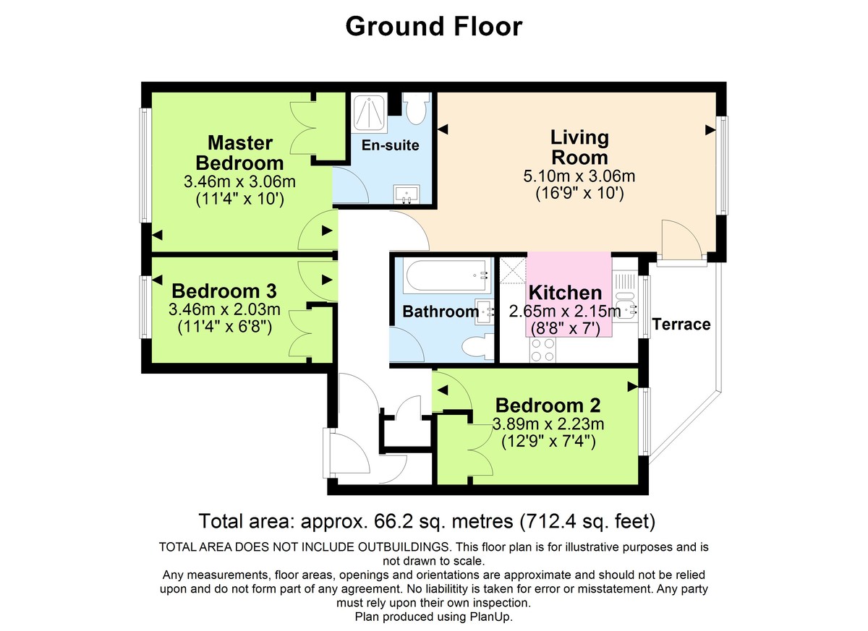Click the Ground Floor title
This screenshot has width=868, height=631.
tap(433, 27)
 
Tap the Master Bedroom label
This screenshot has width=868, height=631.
tap(239, 152)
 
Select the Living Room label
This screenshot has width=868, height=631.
tap(579, 147)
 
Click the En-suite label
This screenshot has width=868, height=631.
tap(391, 145)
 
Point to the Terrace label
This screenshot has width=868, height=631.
tap(681, 325)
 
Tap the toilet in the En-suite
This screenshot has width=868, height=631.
tap(416, 111)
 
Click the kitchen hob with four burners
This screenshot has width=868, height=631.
tap(543, 351)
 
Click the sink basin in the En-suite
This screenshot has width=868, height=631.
tap(407, 194)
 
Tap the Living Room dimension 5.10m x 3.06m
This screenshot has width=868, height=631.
tap(579, 176)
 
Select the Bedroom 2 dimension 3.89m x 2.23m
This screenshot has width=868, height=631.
tap(548, 424)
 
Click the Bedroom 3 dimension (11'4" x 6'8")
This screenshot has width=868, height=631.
tap(224, 327)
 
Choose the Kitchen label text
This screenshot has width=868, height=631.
tap(565, 293)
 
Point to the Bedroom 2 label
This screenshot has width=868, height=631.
tap(548, 405)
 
